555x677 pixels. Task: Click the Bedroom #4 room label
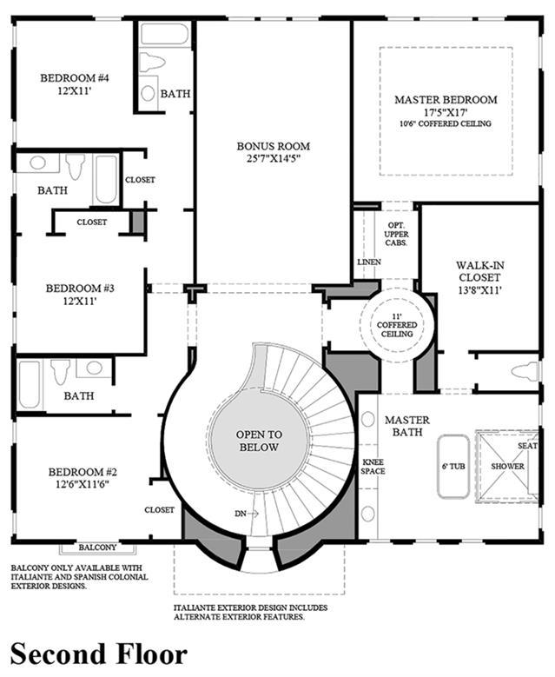(75, 78)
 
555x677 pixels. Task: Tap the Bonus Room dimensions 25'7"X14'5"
(274, 158)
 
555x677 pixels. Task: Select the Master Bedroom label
(446, 100)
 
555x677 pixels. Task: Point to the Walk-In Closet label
(479, 271)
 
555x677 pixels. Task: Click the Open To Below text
(259, 441)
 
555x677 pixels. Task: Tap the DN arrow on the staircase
(247, 514)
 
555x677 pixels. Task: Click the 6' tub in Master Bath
(453, 467)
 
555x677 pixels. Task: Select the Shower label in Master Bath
(507, 467)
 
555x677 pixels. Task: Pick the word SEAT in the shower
(527, 446)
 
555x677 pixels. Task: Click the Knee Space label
(373, 467)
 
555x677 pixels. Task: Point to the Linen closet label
(369, 262)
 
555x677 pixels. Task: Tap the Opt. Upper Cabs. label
(397, 234)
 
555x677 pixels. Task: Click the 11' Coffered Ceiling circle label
(397, 325)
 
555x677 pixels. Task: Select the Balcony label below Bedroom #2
(97, 548)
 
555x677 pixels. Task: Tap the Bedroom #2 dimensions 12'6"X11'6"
(83, 484)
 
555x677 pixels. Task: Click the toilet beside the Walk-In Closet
(525, 372)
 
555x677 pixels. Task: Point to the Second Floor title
(99, 654)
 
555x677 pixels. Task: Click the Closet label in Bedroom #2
(159, 510)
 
